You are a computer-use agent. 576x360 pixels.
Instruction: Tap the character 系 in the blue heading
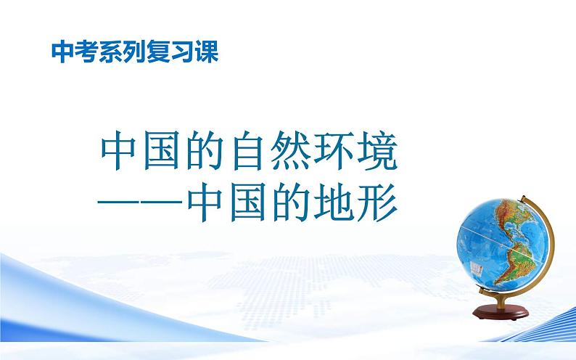coord(107,53)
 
